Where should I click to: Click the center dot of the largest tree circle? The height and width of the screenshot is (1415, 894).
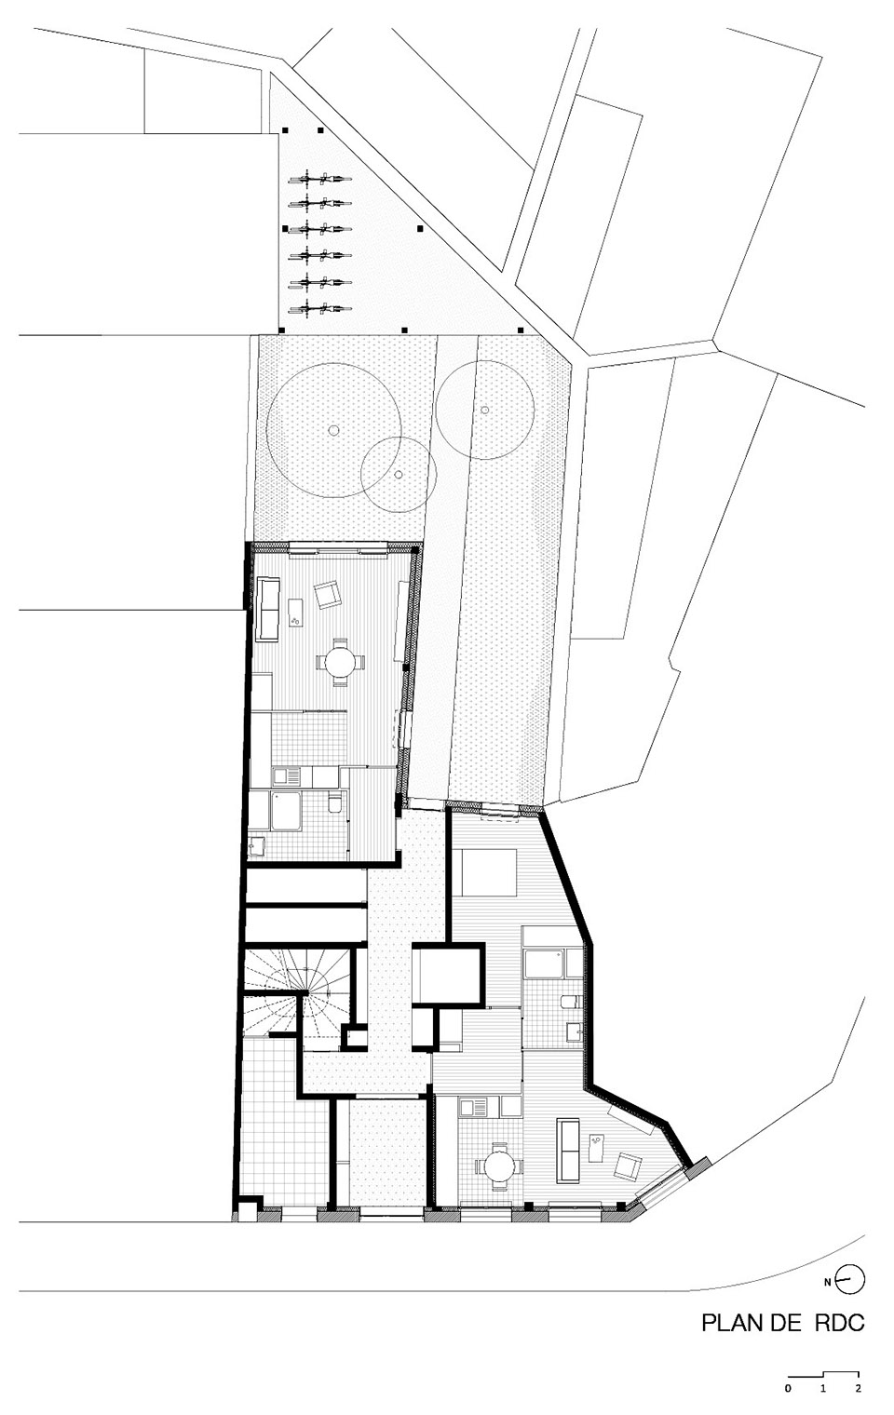(333, 430)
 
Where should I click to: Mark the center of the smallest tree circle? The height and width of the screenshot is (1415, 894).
(399, 474)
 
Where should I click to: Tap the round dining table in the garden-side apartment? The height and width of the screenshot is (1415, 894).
(339, 662)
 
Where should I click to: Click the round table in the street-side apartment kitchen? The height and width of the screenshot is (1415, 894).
(499, 1166)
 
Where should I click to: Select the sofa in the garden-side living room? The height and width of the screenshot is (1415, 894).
(267, 609)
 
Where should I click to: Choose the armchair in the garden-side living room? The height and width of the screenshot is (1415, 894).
(327, 594)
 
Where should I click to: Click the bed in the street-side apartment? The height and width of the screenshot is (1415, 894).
(484, 872)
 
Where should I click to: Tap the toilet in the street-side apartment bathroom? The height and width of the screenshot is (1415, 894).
(572, 1002)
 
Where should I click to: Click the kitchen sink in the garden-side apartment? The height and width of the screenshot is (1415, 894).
(287, 775)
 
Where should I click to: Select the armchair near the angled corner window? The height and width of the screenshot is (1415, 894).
(629, 1166)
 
